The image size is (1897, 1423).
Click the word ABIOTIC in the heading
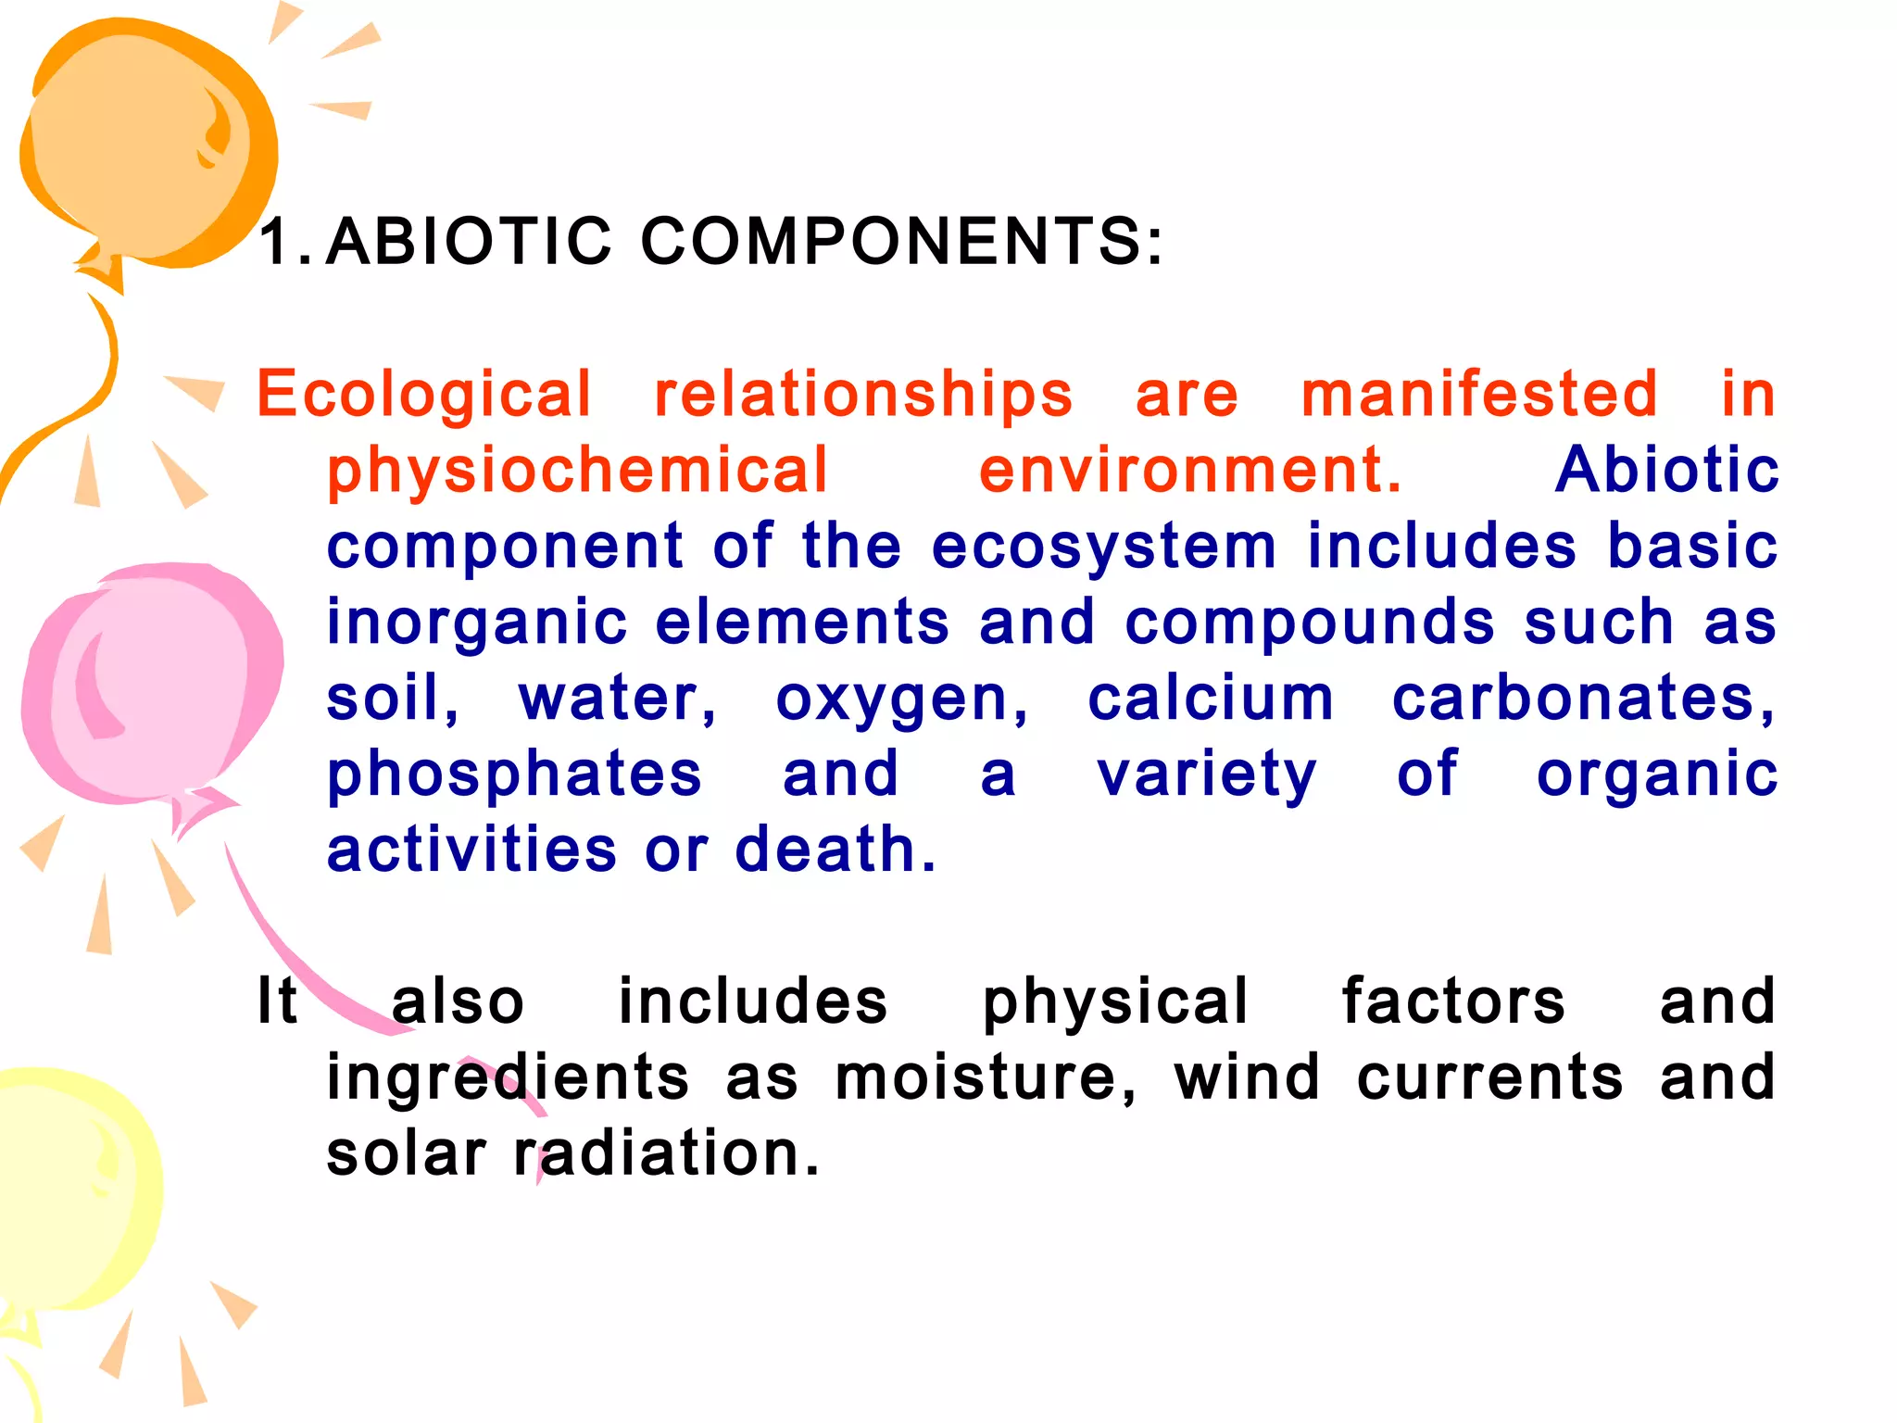[x=469, y=241]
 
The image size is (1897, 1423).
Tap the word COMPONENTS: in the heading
[x=901, y=241]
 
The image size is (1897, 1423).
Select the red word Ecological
[x=423, y=394]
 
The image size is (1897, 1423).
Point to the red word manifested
[x=1479, y=394]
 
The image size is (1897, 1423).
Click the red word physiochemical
[x=577, y=470]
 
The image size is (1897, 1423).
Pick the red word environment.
[x=1190, y=470]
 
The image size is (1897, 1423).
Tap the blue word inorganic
[x=477, y=622]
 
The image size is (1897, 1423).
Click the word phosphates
[x=514, y=775]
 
